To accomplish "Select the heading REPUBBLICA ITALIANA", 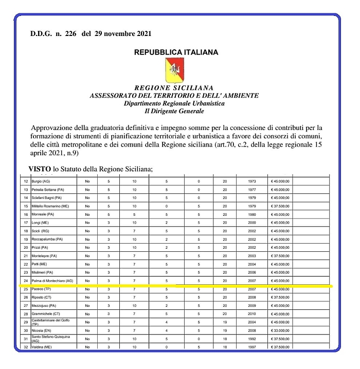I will coord(176,52).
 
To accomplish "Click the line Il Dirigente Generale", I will coord(174,110).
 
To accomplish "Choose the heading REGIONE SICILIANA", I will coord(174,88).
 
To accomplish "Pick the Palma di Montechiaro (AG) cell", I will coord(52,281).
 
